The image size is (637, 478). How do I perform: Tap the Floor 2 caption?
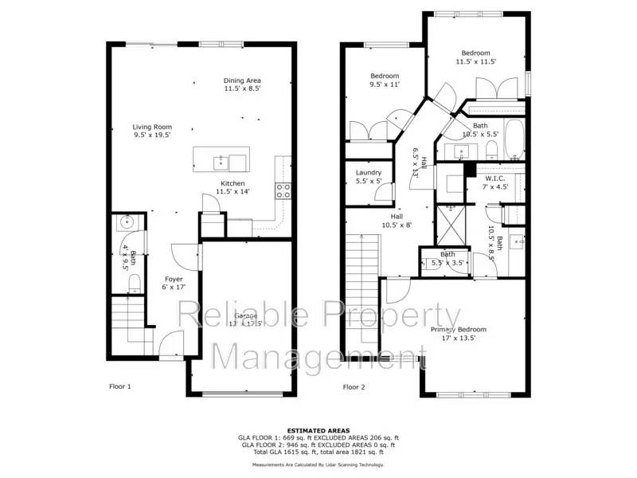[x=354, y=387]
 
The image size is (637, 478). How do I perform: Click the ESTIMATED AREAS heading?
[x=318, y=431]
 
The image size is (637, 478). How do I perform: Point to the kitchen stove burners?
[x=283, y=190]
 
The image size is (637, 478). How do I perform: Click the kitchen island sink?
[x=220, y=163]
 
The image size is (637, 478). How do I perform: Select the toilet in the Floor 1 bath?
[x=135, y=281]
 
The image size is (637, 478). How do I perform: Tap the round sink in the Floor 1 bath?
[x=124, y=224]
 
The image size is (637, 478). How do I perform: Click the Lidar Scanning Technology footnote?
[x=318, y=464]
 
